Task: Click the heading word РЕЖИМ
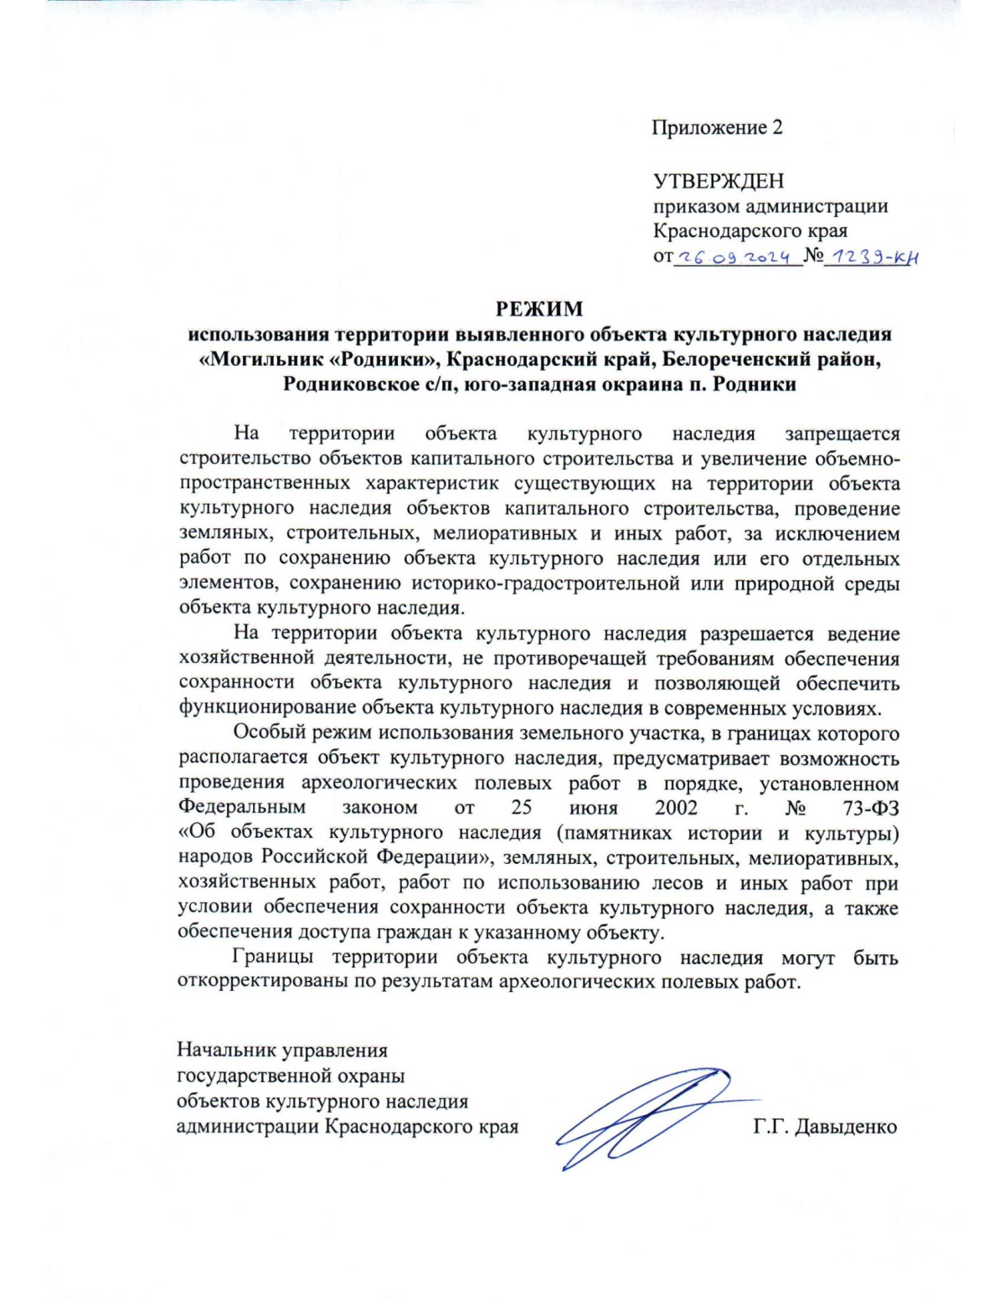[x=539, y=309]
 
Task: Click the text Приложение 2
[x=717, y=128]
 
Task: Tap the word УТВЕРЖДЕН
[x=718, y=181]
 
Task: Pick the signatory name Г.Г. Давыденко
[x=825, y=1127]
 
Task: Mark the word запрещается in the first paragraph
[x=842, y=434]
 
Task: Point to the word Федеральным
[x=241, y=809]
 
